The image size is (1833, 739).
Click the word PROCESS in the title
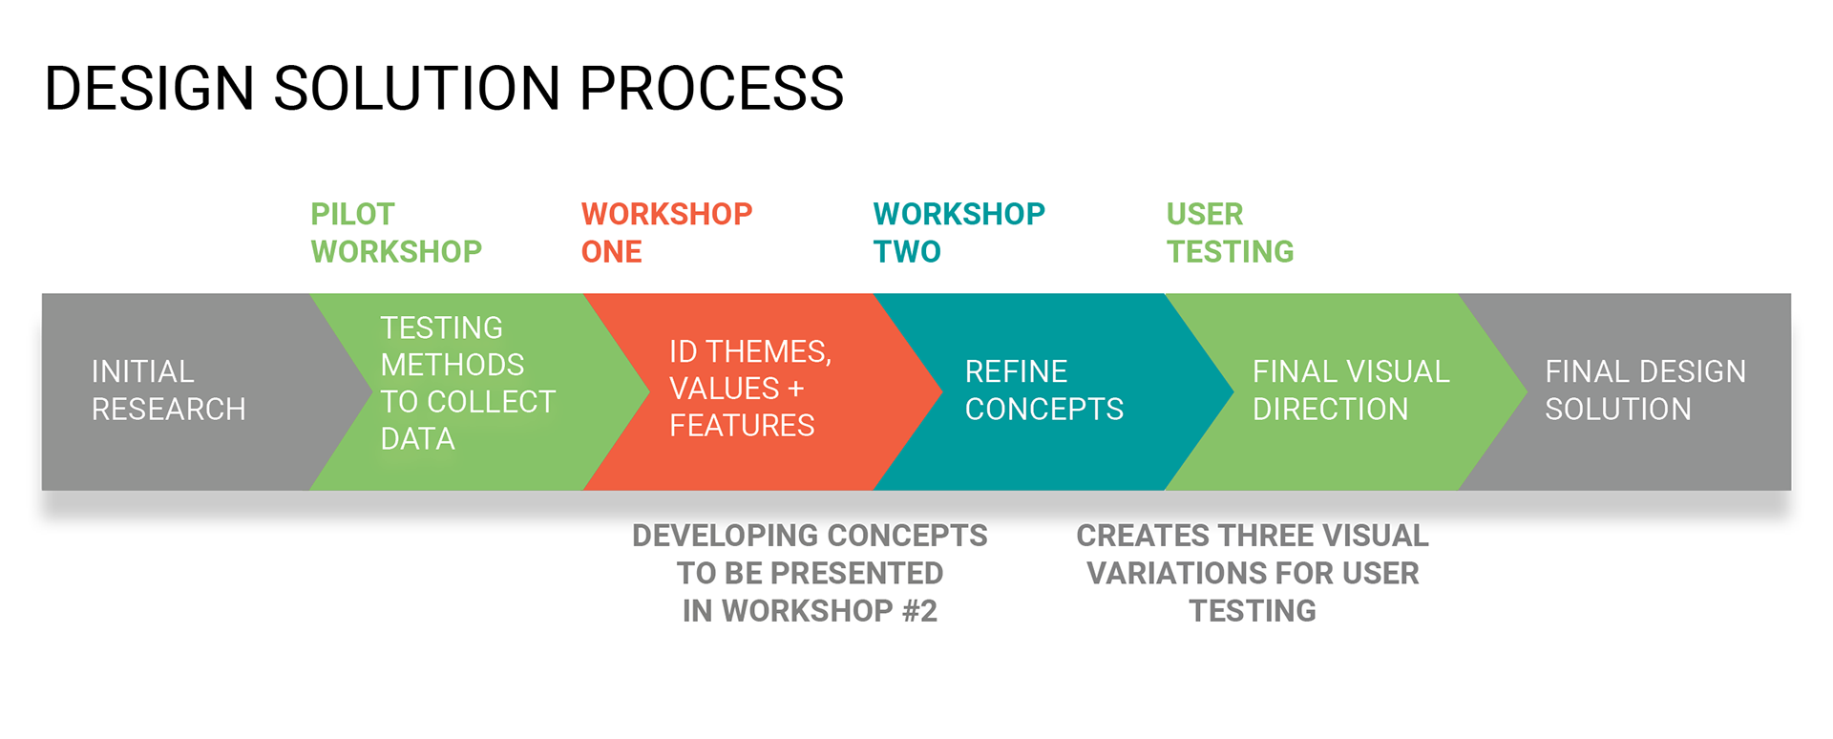click(711, 89)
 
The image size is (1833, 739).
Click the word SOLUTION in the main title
click(416, 89)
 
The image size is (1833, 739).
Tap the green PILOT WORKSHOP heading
click(396, 233)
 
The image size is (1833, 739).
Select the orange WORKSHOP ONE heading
click(666, 233)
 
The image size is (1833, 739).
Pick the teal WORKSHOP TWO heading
click(959, 233)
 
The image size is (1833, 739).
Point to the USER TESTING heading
click(1230, 233)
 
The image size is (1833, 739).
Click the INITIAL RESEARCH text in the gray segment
click(169, 391)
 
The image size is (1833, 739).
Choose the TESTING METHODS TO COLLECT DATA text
click(468, 383)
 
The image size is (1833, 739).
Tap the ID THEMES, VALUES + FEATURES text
click(750, 389)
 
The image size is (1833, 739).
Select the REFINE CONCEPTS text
click(1044, 391)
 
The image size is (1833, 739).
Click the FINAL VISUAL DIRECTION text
click(1351, 391)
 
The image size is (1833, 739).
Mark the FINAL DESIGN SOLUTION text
click(1646, 391)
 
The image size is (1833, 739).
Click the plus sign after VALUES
click(795, 390)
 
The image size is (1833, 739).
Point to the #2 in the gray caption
click(919, 611)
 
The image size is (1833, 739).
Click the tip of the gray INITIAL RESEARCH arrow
click(371, 391)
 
